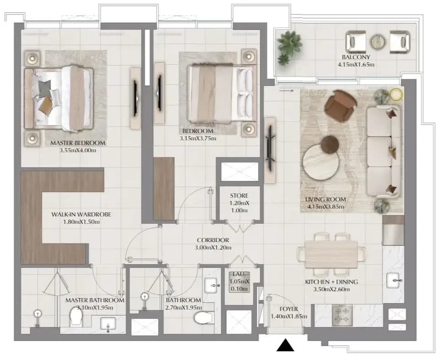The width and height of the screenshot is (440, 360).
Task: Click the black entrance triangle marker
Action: (285, 345)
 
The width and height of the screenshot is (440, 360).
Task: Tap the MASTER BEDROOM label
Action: (78, 143)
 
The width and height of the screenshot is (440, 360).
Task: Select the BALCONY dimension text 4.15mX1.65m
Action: (356, 65)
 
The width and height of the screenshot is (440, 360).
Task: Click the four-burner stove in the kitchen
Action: (342, 316)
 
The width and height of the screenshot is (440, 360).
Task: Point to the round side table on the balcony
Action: (378, 42)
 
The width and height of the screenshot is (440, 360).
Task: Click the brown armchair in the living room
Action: (340, 106)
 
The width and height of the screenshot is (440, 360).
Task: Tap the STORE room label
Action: (239, 196)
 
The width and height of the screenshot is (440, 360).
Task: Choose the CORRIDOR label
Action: (213, 240)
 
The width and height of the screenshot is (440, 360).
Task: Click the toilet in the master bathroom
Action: (76, 316)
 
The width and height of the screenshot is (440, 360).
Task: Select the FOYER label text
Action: (288, 309)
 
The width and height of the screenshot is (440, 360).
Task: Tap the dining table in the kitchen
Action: (331, 255)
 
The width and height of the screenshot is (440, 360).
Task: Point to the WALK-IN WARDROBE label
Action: (81, 215)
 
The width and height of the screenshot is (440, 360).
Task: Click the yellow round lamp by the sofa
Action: (396, 94)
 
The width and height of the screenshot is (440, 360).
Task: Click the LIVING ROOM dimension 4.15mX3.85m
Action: (326, 207)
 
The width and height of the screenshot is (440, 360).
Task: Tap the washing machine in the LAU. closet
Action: (239, 282)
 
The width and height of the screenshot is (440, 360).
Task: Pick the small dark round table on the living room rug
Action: (330, 144)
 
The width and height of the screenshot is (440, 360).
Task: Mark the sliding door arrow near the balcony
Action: (286, 90)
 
